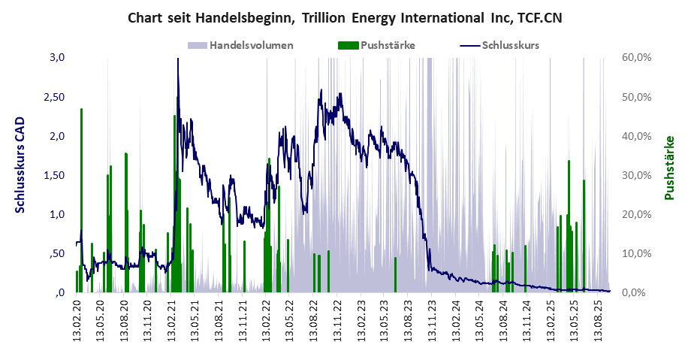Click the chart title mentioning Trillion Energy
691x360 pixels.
(x=345, y=17)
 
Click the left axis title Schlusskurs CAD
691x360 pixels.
(x=20, y=165)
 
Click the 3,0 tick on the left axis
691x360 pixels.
(x=58, y=58)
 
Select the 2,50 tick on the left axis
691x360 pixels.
(x=54, y=97)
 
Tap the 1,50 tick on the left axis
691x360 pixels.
(x=54, y=175)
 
